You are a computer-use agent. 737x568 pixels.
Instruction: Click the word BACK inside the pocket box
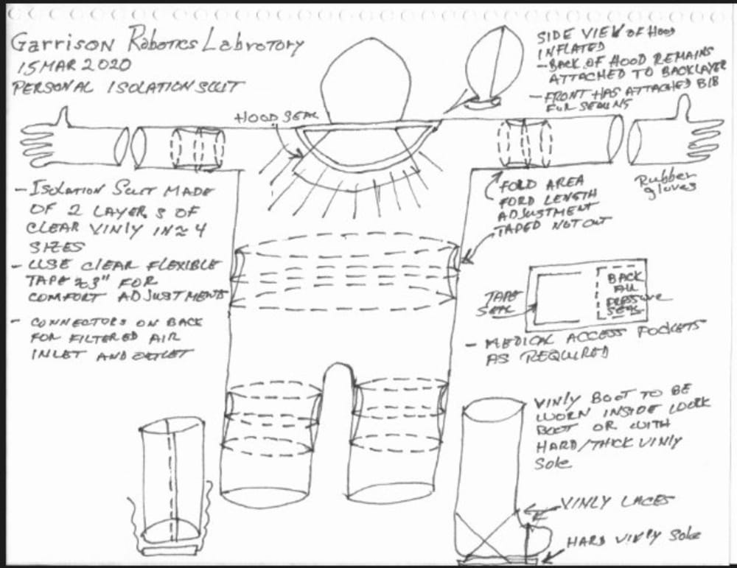[623, 276]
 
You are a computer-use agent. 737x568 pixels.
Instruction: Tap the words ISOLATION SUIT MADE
[118, 193]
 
